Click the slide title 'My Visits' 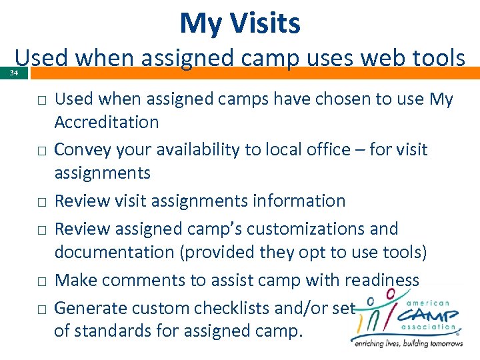point(240,24)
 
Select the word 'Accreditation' point(107,122)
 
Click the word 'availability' point(193,149)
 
